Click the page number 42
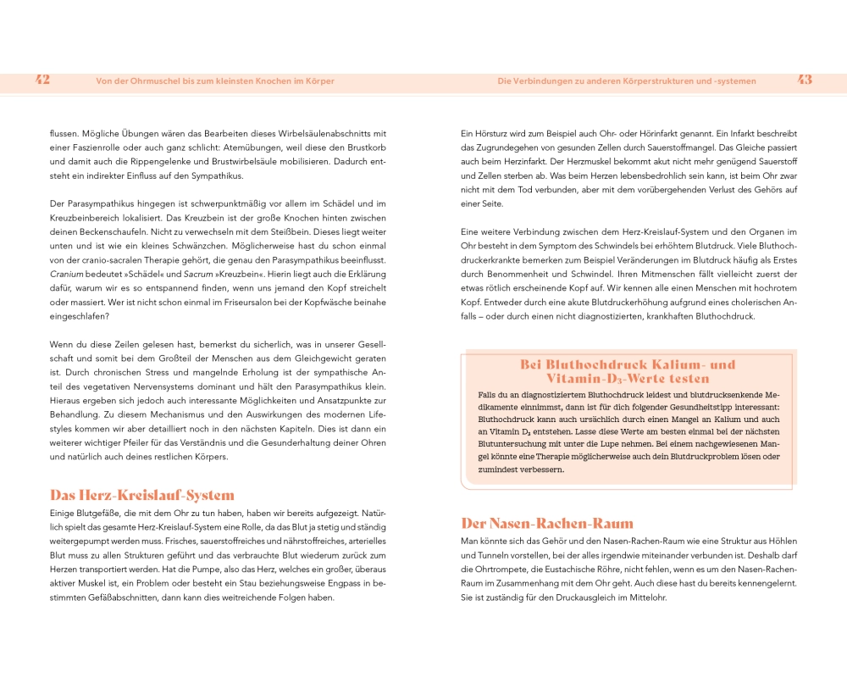point(43,81)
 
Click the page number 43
point(805,81)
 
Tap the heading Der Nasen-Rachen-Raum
point(547,523)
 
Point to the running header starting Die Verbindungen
point(627,81)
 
